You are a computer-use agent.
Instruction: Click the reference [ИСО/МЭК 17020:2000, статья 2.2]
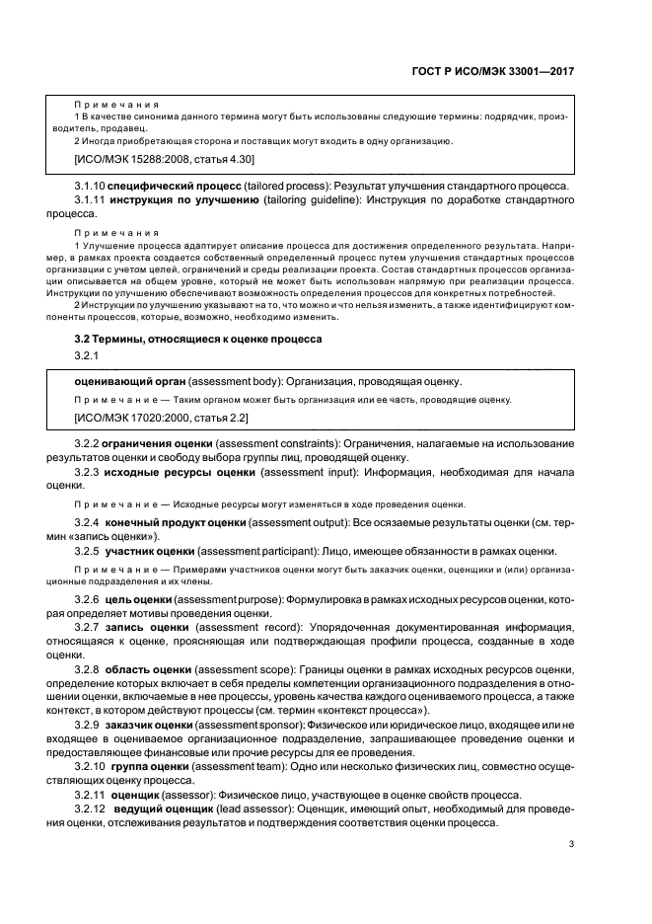tap(153, 419)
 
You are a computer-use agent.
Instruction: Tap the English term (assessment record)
tap(255, 628)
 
